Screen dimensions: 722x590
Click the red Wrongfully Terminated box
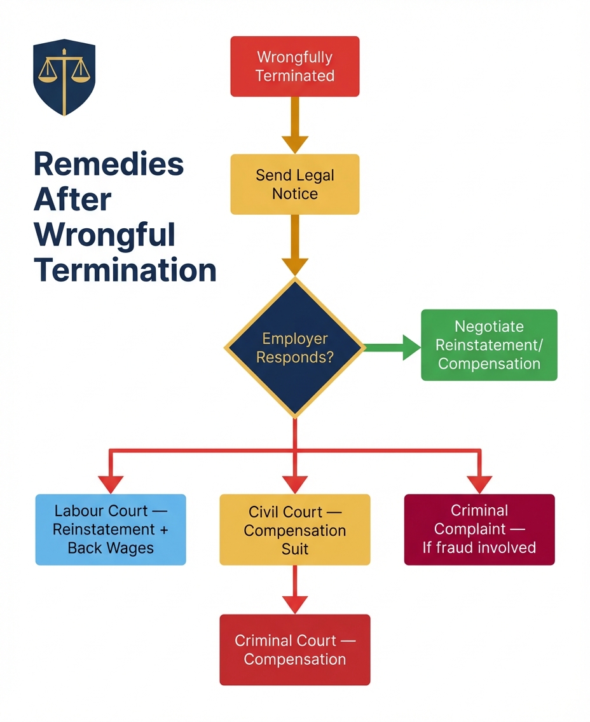[295, 66]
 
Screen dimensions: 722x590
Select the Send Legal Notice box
[295, 184]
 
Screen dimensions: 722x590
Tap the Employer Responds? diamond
[295, 348]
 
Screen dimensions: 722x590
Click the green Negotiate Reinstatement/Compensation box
[489, 345]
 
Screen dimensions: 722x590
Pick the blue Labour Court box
[111, 529]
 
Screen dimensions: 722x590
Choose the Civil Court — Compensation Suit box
[295, 529]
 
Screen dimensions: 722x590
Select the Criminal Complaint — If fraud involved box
[479, 529]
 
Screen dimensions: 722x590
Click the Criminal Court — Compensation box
[295, 650]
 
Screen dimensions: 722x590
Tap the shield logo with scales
[64, 77]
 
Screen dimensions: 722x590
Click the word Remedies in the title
[109, 165]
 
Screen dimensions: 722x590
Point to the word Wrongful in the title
[104, 235]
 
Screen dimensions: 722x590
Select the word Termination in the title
[125, 270]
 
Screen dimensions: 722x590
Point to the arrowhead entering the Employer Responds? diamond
[295, 266]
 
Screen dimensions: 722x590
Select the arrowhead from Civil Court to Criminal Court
[295, 604]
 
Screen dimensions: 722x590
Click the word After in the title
[72, 200]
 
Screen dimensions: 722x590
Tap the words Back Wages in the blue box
[111, 548]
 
